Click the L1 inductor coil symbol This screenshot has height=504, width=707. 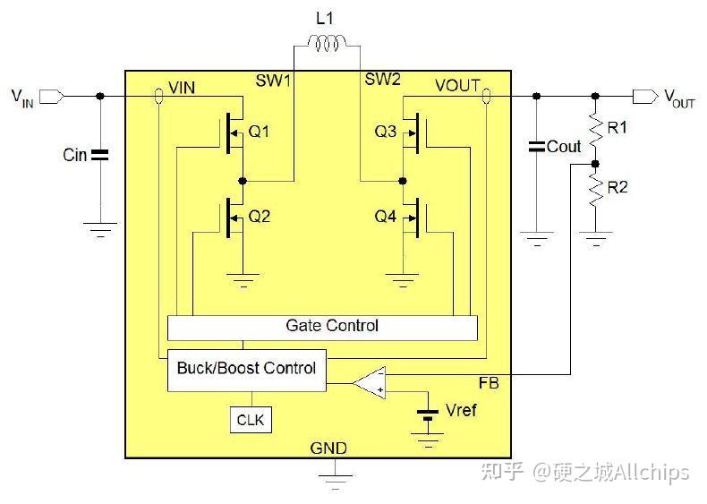click(327, 43)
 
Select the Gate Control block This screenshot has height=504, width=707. click(322, 328)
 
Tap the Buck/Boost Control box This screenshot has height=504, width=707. click(247, 370)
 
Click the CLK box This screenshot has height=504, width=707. click(251, 420)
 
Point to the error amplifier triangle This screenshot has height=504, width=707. click(370, 383)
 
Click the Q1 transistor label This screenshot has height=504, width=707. click(260, 132)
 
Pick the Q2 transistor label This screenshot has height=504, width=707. click(260, 217)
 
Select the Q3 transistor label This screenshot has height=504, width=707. click(386, 132)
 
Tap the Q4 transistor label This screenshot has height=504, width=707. click(386, 217)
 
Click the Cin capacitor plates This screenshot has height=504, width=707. click(99, 155)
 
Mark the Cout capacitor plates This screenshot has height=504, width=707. click(537, 146)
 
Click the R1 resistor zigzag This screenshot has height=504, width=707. click(595, 129)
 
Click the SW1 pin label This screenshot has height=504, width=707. click(273, 81)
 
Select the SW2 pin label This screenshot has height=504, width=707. click(382, 80)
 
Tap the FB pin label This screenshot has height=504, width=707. click(489, 383)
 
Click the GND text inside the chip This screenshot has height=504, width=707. click(328, 448)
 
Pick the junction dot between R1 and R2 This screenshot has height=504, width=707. click(595, 164)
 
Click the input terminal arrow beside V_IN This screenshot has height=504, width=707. click(52, 97)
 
